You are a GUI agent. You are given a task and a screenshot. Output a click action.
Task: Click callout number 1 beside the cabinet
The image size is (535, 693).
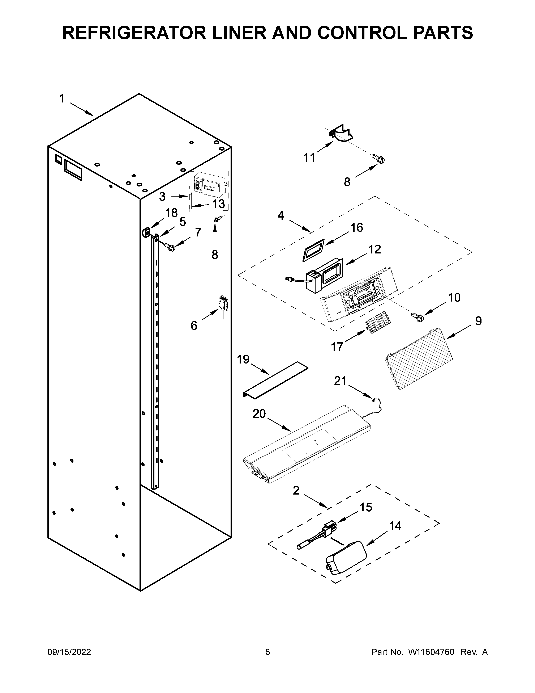pyautogui.click(x=62, y=99)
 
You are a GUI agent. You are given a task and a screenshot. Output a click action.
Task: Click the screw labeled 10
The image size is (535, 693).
pyautogui.click(x=418, y=317)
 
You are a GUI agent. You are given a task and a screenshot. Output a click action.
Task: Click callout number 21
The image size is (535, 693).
pyautogui.click(x=340, y=381)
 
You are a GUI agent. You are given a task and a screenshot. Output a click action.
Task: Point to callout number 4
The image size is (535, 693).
pyautogui.click(x=281, y=215)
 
